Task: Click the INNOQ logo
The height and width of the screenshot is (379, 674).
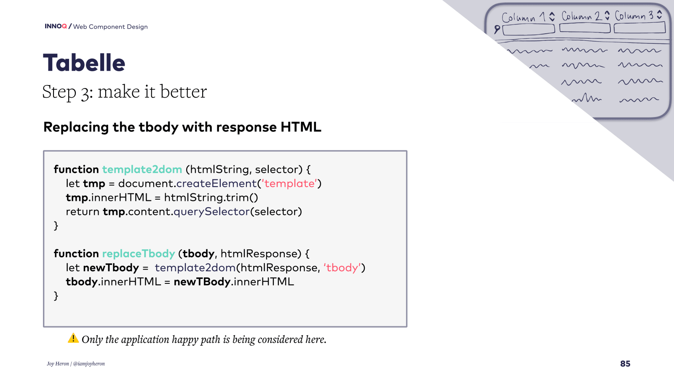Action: point(56,26)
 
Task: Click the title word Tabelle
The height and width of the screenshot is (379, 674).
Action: point(84,63)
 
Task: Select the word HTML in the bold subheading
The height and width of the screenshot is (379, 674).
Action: point(301,127)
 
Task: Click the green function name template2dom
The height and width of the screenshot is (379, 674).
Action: point(142,169)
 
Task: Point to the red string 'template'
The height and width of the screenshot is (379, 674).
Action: point(289,183)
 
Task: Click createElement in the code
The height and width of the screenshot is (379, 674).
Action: point(217,183)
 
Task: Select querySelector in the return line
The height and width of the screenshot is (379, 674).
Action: point(212,211)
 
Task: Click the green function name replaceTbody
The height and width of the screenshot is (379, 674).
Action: point(139,254)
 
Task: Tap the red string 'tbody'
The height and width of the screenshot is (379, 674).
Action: point(342,267)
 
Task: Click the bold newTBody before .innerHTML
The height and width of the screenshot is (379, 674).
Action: point(202,282)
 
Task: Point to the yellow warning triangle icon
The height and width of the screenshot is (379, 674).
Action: point(73,338)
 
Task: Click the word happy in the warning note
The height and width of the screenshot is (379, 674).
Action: point(183,339)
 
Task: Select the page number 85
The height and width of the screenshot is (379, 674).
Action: point(625,364)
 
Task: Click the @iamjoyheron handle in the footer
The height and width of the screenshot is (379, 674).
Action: point(89,364)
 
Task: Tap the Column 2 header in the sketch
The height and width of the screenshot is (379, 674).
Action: point(582,16)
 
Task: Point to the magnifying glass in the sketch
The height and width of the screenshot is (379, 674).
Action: point(497,29)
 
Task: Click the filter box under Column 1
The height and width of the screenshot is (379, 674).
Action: point(529,29)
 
